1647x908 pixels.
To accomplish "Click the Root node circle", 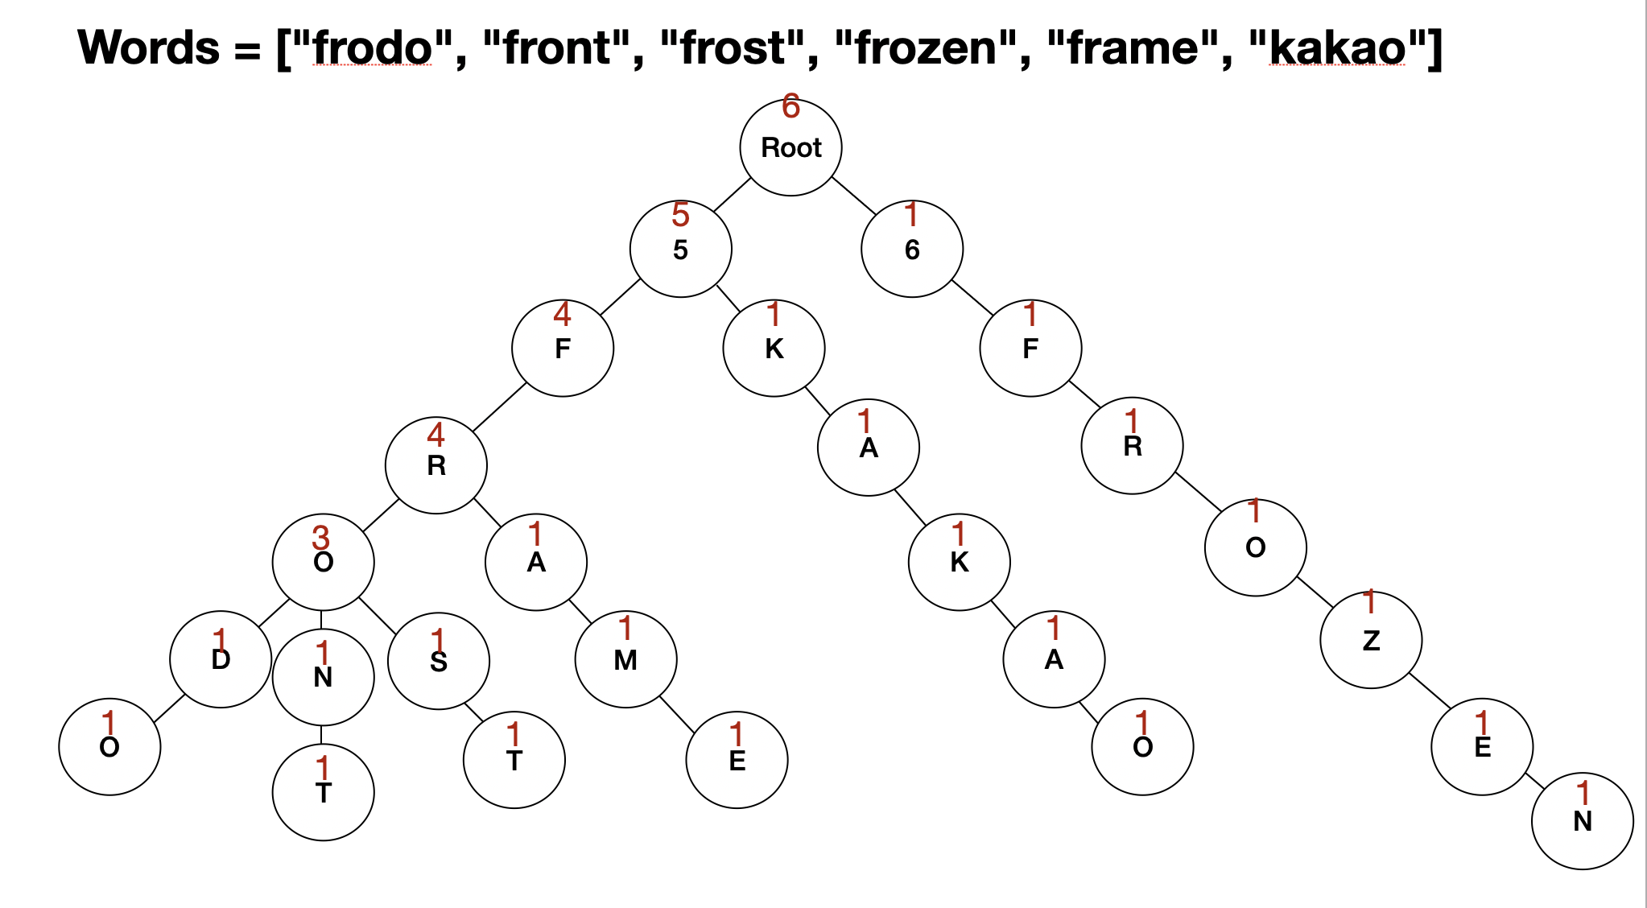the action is pos(790,147).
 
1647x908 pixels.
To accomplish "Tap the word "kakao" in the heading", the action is pos(1336,47).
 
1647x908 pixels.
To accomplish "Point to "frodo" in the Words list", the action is pos(373,47).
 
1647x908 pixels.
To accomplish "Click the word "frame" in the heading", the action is pos(1138,47).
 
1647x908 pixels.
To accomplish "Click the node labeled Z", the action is pos(1371,640).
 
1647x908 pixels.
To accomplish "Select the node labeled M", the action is pos(625,659).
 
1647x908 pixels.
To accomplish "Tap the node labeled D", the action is pos(221,659).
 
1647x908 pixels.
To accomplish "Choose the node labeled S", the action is pos(438,661).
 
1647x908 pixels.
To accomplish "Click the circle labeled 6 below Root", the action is pos(911,250).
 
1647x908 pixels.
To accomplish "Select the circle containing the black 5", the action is pos(680,250).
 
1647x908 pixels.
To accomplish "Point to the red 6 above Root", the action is pos(790,107).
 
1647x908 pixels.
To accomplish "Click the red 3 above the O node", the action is pos(320,537).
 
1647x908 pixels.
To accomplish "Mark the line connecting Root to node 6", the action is pos(854,196).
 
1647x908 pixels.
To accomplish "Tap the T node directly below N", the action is pos(323,792).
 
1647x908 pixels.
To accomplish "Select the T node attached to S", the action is pos(514,759).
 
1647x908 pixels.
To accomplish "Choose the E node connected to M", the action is pos(737,759).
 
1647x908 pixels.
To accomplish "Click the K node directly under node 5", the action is pos(774,348).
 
